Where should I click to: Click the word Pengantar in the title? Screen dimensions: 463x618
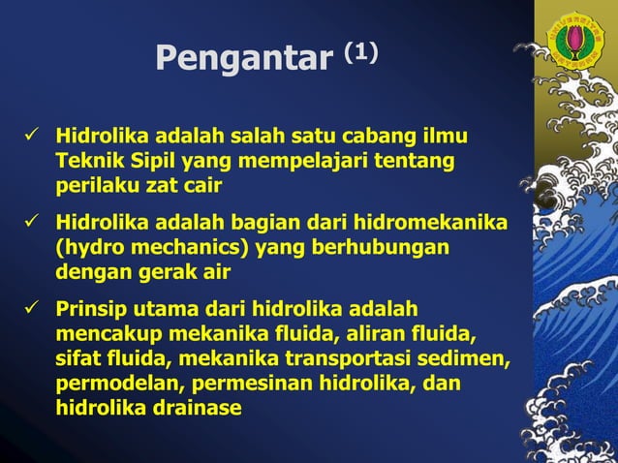[x=242, y=60]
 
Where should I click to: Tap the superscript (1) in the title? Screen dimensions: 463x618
[x=357, y=51]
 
